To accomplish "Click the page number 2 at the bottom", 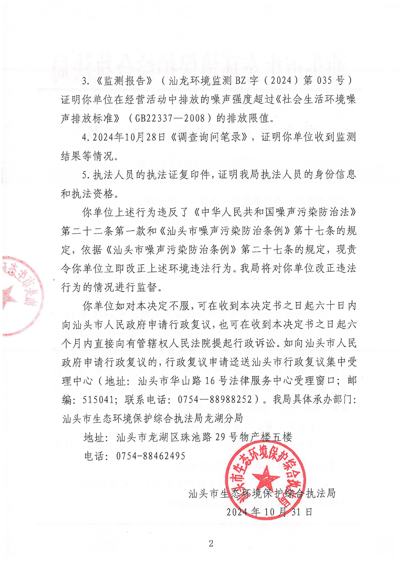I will [211, 544].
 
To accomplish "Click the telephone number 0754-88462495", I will [151, 456].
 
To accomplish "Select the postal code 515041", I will [97, 399].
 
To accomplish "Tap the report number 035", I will [324, 81].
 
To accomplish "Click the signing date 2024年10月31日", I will [269, 512].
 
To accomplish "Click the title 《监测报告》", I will [125, 81].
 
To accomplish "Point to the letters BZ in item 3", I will [240, 81].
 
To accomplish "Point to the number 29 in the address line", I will [220, 437].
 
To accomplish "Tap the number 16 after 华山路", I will [210, 381].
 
